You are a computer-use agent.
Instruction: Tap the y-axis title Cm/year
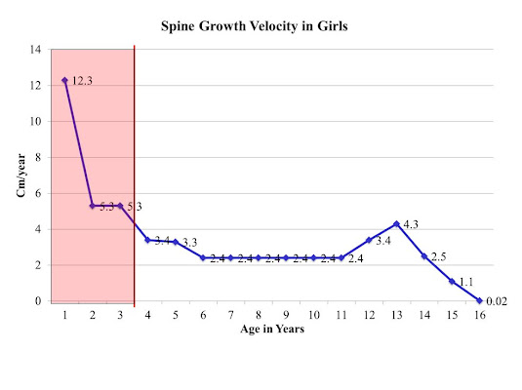click(x=20, y=176)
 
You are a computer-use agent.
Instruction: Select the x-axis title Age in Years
click(x=273, y=330)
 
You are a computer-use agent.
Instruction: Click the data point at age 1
click(x=64, y=80)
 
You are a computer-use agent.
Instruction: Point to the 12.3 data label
click(x=82, y=81)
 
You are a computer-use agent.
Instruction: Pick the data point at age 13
click(x=396, y=224)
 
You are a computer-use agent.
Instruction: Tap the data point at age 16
click(x=479, y=300)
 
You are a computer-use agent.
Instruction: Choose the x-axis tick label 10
click(x=313, y=316)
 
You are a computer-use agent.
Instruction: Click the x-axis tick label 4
click(x=147, y=316)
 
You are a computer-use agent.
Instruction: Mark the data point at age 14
click(x=423, y=256)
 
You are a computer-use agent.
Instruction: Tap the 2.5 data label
click(x=441, y=257)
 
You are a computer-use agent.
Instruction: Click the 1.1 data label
click(x=468, y=283)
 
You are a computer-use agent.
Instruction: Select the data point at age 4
click(x=147, y=240)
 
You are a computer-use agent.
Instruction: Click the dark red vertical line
click(x=134, y=175)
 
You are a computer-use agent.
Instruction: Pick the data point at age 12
click(x=369, y=240)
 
